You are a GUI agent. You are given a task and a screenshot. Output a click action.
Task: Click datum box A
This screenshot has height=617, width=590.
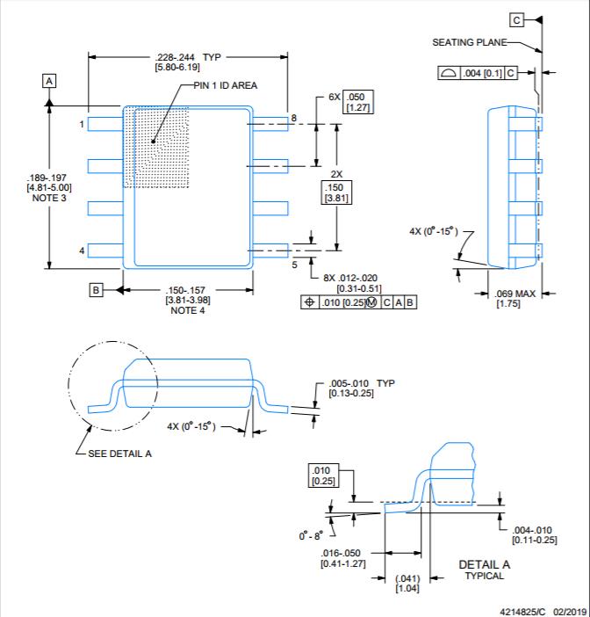49,81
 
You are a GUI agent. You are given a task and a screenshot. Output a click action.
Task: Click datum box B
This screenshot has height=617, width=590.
96,290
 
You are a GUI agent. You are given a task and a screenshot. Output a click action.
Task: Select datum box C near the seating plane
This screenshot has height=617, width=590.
516,19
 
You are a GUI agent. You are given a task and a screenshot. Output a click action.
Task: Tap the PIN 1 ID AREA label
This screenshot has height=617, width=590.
226,85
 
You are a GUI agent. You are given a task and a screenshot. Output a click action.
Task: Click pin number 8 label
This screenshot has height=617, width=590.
293,118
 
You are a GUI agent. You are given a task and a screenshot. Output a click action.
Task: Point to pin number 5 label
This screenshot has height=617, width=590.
294,265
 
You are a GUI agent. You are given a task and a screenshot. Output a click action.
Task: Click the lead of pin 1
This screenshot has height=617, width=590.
105,124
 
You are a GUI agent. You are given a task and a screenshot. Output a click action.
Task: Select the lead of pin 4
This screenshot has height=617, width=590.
105,250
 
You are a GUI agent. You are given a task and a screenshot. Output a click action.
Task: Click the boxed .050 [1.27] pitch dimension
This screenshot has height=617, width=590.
358,102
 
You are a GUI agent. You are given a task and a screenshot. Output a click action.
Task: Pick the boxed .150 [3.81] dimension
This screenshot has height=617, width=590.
336,192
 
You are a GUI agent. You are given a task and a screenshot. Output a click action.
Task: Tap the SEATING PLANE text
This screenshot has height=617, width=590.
470,42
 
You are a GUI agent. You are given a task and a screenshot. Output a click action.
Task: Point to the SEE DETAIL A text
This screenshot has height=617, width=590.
120,454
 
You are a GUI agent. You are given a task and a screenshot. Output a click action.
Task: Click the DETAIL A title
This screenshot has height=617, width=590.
485,564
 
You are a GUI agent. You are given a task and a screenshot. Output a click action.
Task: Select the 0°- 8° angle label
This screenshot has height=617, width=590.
311,535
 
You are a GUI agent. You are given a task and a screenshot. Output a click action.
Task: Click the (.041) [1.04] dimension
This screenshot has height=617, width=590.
407,584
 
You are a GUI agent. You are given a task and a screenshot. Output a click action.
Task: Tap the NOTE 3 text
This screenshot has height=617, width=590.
49,198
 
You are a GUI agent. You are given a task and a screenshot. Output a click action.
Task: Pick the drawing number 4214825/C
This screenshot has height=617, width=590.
522,612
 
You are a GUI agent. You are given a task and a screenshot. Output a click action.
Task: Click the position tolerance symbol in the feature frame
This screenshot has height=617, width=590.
310,302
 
